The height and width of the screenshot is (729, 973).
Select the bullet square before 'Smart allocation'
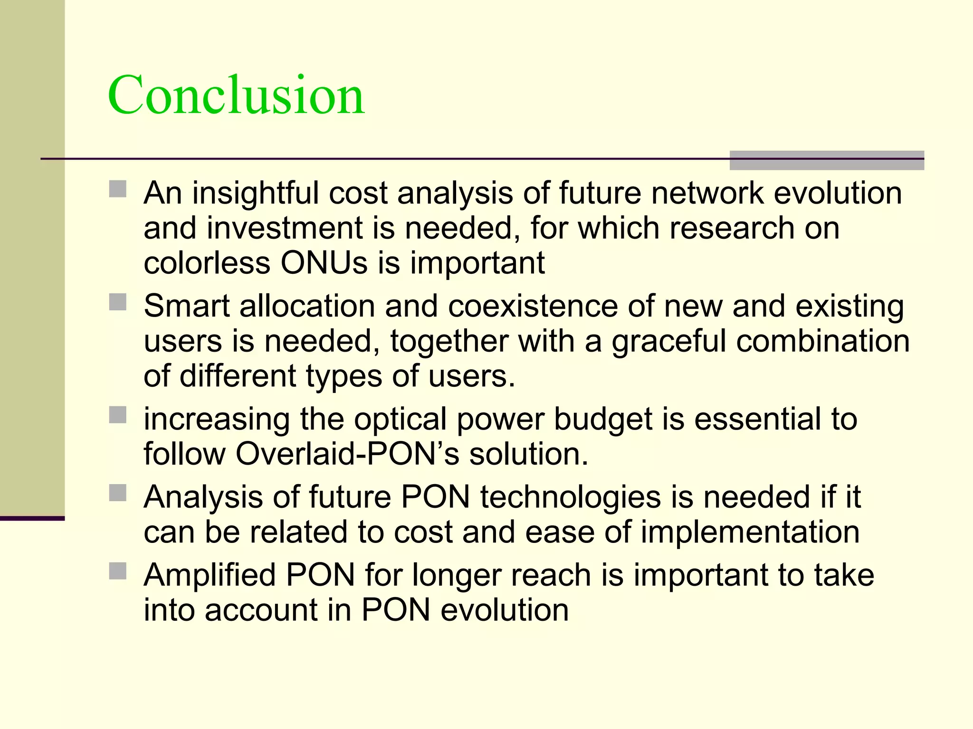pyautogui.click(x=118, y=302)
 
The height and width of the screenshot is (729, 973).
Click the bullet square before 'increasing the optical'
pyautogui.click(x=118, y=415)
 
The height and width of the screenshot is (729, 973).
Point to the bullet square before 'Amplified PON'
pyautogui.click(x=118, y=571)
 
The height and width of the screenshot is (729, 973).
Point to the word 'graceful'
pyautogui.click(x=669, y=342)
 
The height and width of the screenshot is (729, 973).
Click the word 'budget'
pyautogui.click(x=603, y=420)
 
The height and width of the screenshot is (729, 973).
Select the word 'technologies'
pyautogui.click(x=570, y=497)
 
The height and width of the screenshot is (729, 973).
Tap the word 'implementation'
pyautogui.click(x=750, y=532)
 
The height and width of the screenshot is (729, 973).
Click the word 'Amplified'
pyautogui.click(x=210, y=576)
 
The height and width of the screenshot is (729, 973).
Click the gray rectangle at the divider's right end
pyautogui.click(x=827, y=160)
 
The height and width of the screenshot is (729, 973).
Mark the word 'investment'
pyautogui.click(x=285, y=228)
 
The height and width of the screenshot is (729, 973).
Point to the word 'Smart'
pyautogui.click(x=187, y=306)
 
